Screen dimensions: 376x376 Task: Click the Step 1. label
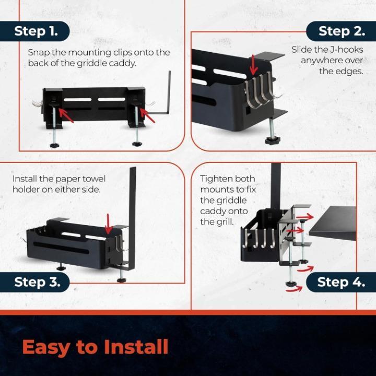pyautogui.click(x=36, y=31)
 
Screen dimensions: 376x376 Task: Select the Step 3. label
pyautogui.click(x=37, y=283)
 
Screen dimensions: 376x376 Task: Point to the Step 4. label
pyautogui.click(x=341, y=283)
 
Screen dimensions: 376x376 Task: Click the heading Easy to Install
pyautogui.click(x=95, y=347)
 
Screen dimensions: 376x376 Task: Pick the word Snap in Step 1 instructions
pyautogui.click(x=39, y=53)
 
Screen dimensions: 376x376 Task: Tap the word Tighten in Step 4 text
pyautogui.click(x=217, y=179)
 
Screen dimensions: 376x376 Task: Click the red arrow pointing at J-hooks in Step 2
pyautogui.click(x=254, y=64)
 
